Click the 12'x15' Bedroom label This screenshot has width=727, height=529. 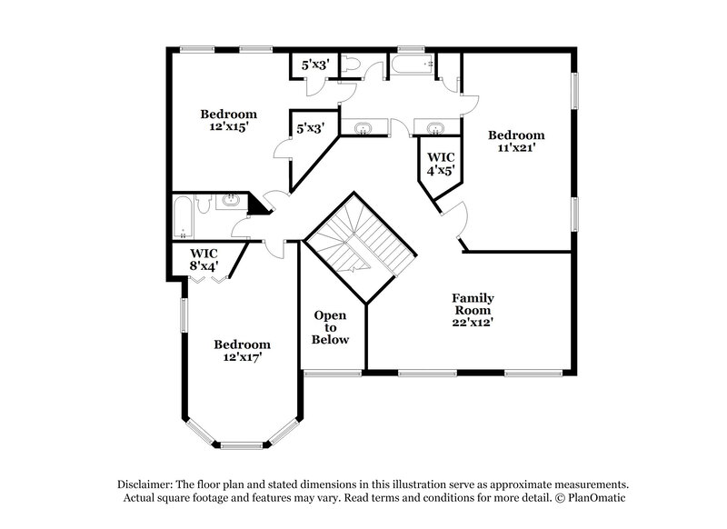228,121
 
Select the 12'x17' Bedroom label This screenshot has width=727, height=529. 242,351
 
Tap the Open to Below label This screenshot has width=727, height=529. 330,327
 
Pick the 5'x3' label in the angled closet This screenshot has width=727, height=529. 310,129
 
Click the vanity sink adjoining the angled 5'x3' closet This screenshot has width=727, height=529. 363,128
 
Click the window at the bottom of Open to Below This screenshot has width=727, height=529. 332,372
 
